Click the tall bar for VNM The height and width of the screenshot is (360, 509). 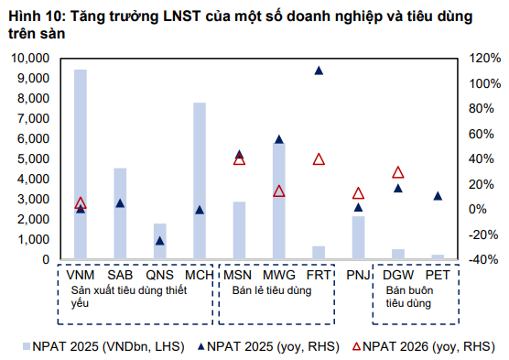click(x=81, y=165)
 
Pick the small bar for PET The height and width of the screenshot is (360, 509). click(x=438, y=257)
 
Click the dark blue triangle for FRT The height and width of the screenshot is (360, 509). click(x=319, y=71)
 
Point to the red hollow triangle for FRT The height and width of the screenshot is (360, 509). click(x=319, y=159)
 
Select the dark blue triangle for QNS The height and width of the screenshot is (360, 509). click(x=159, y=241)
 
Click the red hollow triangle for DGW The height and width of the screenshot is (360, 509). click(x=398, y=172)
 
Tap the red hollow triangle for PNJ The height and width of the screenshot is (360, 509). click(x=358, y=193)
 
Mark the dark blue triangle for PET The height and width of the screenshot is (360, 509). click(x=438, y=196)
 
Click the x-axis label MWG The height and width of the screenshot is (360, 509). click(x=278, y=275)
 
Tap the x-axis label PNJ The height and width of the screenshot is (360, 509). click(x=358, y=275)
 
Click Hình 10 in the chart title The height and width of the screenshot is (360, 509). click(x=30, y=12)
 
